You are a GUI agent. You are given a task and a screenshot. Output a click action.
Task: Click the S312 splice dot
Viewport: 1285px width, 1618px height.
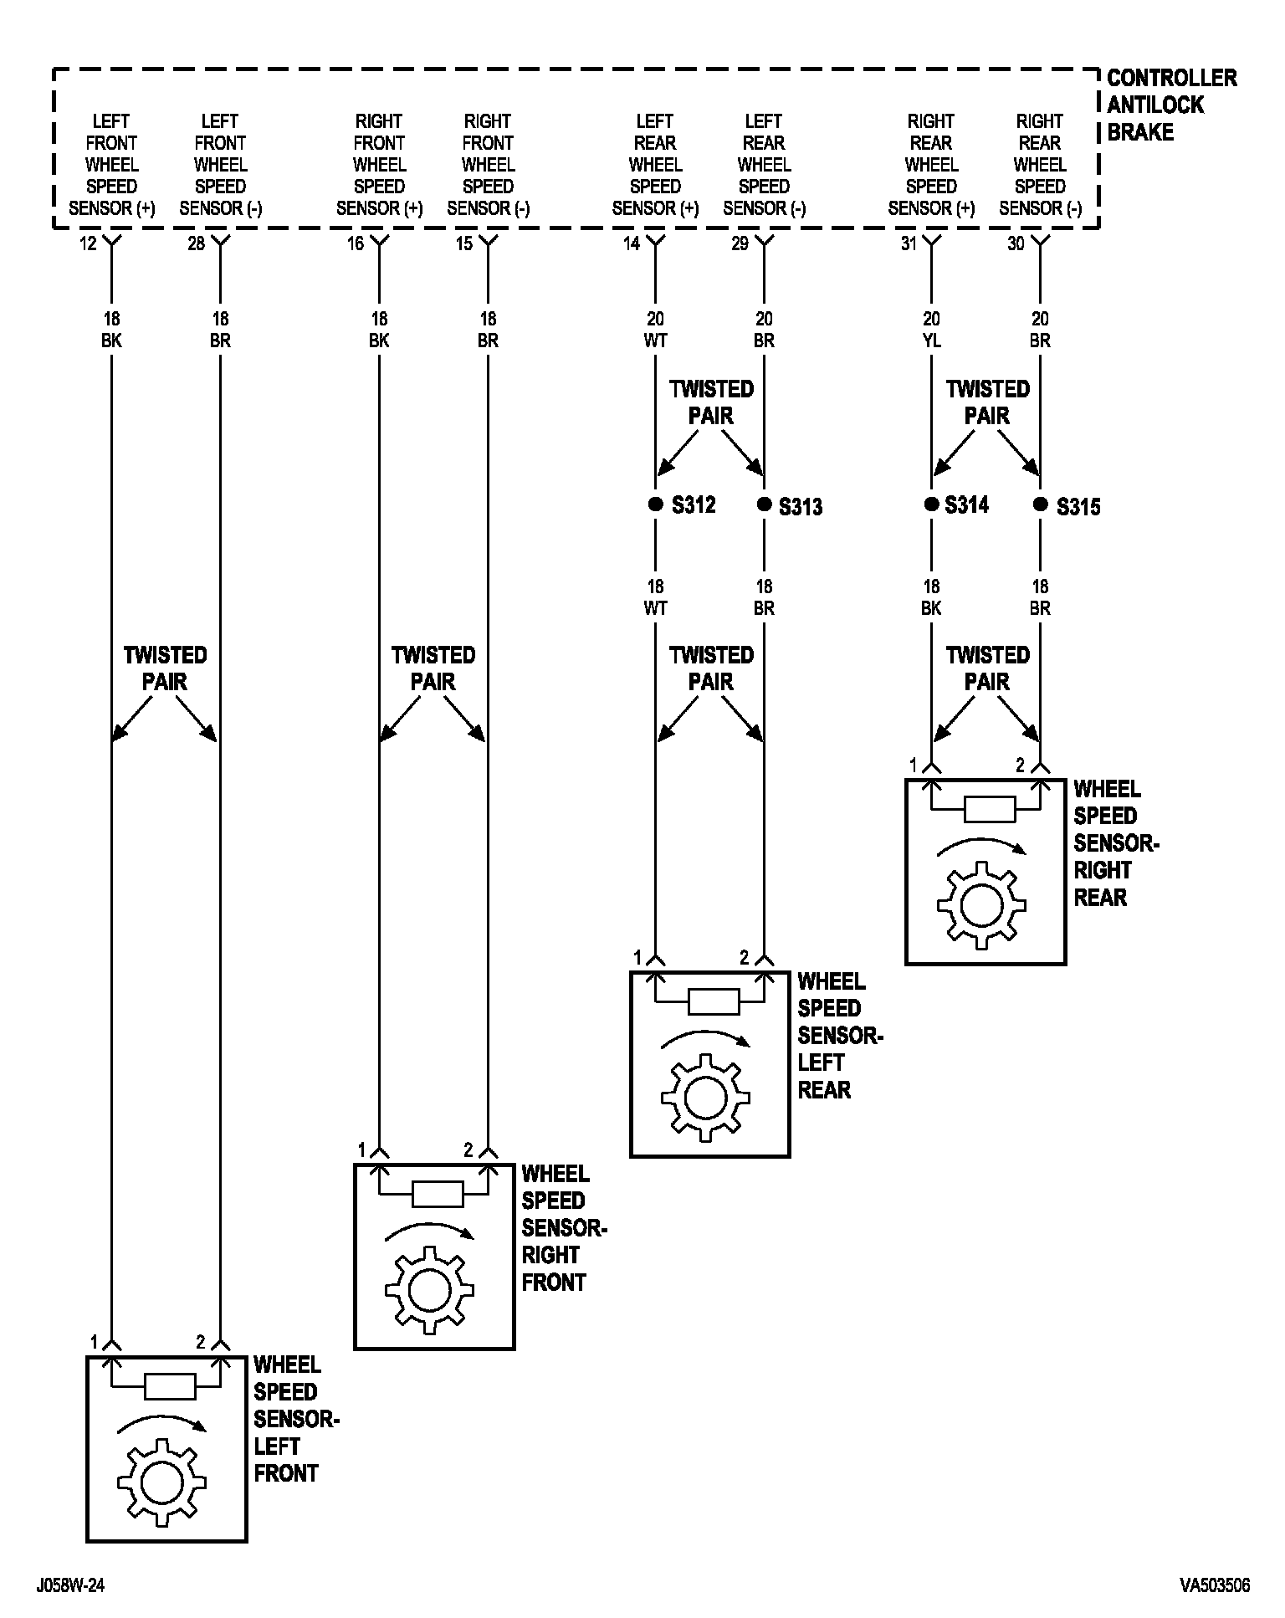click(655, 504)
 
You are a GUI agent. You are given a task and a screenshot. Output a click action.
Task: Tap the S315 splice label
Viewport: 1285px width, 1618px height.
click(1078, 507)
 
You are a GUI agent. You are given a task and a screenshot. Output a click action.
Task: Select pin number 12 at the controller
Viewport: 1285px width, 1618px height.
click(89, 244)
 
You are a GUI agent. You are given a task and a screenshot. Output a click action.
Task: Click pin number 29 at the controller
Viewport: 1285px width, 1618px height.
click(740, 244)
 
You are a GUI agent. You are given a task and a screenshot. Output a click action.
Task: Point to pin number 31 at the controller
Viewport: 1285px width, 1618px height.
click(909, 244)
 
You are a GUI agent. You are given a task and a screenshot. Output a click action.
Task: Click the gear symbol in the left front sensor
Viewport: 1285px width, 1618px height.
click(157, 1482)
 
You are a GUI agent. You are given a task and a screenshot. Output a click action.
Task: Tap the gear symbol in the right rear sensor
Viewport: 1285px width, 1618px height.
click(981, 905)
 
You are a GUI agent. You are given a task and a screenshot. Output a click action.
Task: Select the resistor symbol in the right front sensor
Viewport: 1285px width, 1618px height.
click(438, 1194)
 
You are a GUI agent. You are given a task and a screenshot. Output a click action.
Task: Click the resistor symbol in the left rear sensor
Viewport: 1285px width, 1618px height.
click(713, 1001)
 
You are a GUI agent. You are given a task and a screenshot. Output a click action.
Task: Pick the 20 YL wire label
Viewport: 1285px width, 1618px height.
click(931, 330)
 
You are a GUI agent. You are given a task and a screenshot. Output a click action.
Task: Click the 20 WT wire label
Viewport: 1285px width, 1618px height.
click(655, 330)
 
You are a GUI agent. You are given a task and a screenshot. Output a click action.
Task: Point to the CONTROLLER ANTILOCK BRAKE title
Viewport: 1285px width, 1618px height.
click(1170, 105)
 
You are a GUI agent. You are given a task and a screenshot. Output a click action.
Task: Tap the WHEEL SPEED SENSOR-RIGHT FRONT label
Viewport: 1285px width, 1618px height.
click(562, 1228)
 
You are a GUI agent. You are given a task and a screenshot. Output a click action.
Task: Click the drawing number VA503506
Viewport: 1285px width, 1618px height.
click(1215, 1585)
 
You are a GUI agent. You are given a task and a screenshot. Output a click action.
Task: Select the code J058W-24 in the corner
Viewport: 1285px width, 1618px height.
click(70, 1585)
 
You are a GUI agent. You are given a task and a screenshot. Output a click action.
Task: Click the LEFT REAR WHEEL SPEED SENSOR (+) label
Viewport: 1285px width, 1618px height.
click(655, 165)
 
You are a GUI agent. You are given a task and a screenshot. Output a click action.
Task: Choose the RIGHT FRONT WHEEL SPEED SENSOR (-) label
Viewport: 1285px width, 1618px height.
click(488, 165)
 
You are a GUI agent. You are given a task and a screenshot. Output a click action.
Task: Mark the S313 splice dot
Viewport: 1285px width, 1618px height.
click(764, 504)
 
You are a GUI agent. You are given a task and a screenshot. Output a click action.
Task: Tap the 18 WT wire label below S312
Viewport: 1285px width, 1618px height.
click(655, 597)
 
